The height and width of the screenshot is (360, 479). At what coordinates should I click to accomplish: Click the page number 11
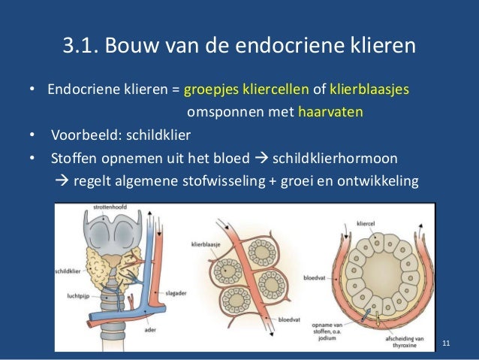click(447, 343)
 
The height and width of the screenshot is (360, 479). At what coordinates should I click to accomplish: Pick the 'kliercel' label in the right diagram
click(367, 223)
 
